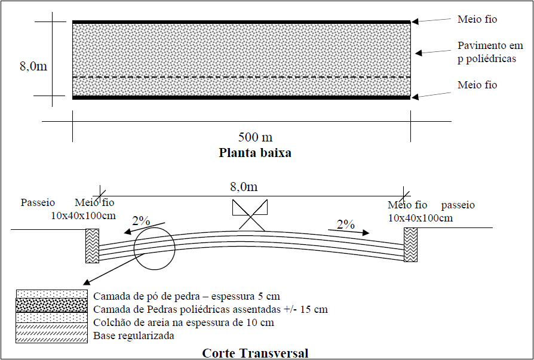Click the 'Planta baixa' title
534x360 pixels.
tap(255, 152)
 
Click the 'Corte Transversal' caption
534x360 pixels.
tap(255, 353)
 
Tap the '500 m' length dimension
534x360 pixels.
tap(254, 138)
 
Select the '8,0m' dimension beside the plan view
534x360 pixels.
tap(33, 66)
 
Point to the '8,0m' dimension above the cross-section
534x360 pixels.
tap(242, 187)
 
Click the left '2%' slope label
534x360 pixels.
tap(141, 220)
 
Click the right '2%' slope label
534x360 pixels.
tap(346, 224)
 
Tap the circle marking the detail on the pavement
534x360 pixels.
tap(154, 247)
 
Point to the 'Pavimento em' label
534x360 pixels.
tap(490, 45)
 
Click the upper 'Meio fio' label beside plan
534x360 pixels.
tap(477, 20)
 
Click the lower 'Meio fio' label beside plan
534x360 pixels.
tap(477, 85)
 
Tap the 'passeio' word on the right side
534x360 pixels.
tap(458, 205)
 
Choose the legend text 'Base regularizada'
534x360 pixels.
tap(133, 336)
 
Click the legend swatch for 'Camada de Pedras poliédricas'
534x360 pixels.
tap(51, 305)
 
